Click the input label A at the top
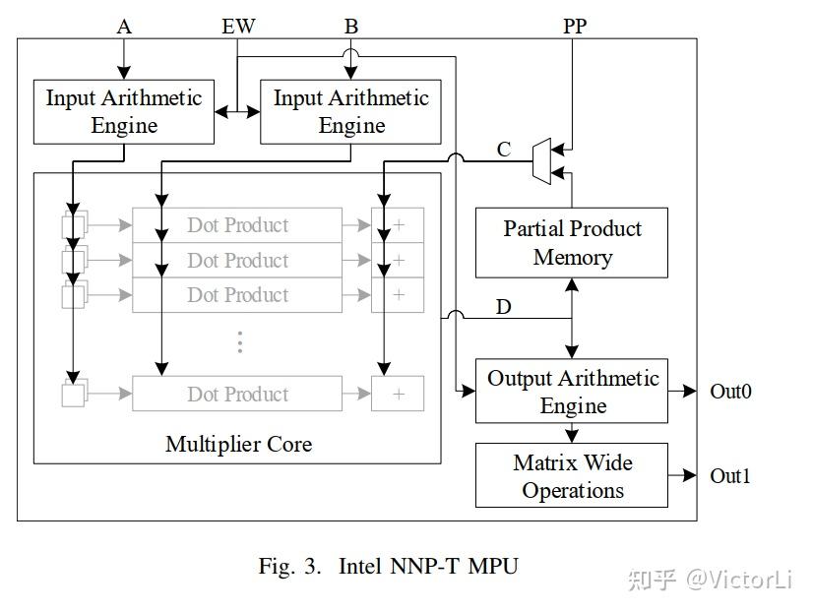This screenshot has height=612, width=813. pyautogui.click(x=124, y=27)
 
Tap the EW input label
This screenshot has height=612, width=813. pyautogui.click(x=238, y=27)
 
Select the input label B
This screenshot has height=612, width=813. pyautogui.click(x=350, y=27)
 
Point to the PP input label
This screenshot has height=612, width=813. pyautogui.click(x=575, y=27)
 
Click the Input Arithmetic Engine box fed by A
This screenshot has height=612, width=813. pyautogui.click(x=124, y=112)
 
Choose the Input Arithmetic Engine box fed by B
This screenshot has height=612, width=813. pyautogui.click(x=351, y=112)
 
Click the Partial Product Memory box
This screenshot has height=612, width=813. pyautogui.click(x=572, y=243)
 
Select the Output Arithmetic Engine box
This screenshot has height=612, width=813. pyautogui.click(x=572, y=392)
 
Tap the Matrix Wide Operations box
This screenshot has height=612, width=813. pyautogui.click(x=572, y=476)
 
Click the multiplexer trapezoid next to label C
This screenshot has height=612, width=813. pyautogui.click(x=540, y=160)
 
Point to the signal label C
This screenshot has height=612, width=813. pyautogui.click(x=504, y=150)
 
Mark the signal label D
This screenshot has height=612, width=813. pyautogui.click(x=503, y=307)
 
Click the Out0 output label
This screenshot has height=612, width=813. pyautogui.click(x=730, y=392)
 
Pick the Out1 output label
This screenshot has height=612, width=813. pyautogui.click(x=730, y=476)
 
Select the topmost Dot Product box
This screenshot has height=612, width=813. pyautogui.click(x=237, y=225)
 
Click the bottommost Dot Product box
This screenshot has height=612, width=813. pyautogui.click(x=237, y=394)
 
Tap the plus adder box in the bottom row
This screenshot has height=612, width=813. pyautogui.click(x=398, y=394)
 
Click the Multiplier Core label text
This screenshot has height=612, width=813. pyautogui.click(x=238, y=444)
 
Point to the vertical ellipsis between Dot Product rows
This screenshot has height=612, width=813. pyautogui.click(x=238, y=342)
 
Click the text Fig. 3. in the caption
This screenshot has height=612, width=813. pyautogui.click(x=290, y=566)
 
